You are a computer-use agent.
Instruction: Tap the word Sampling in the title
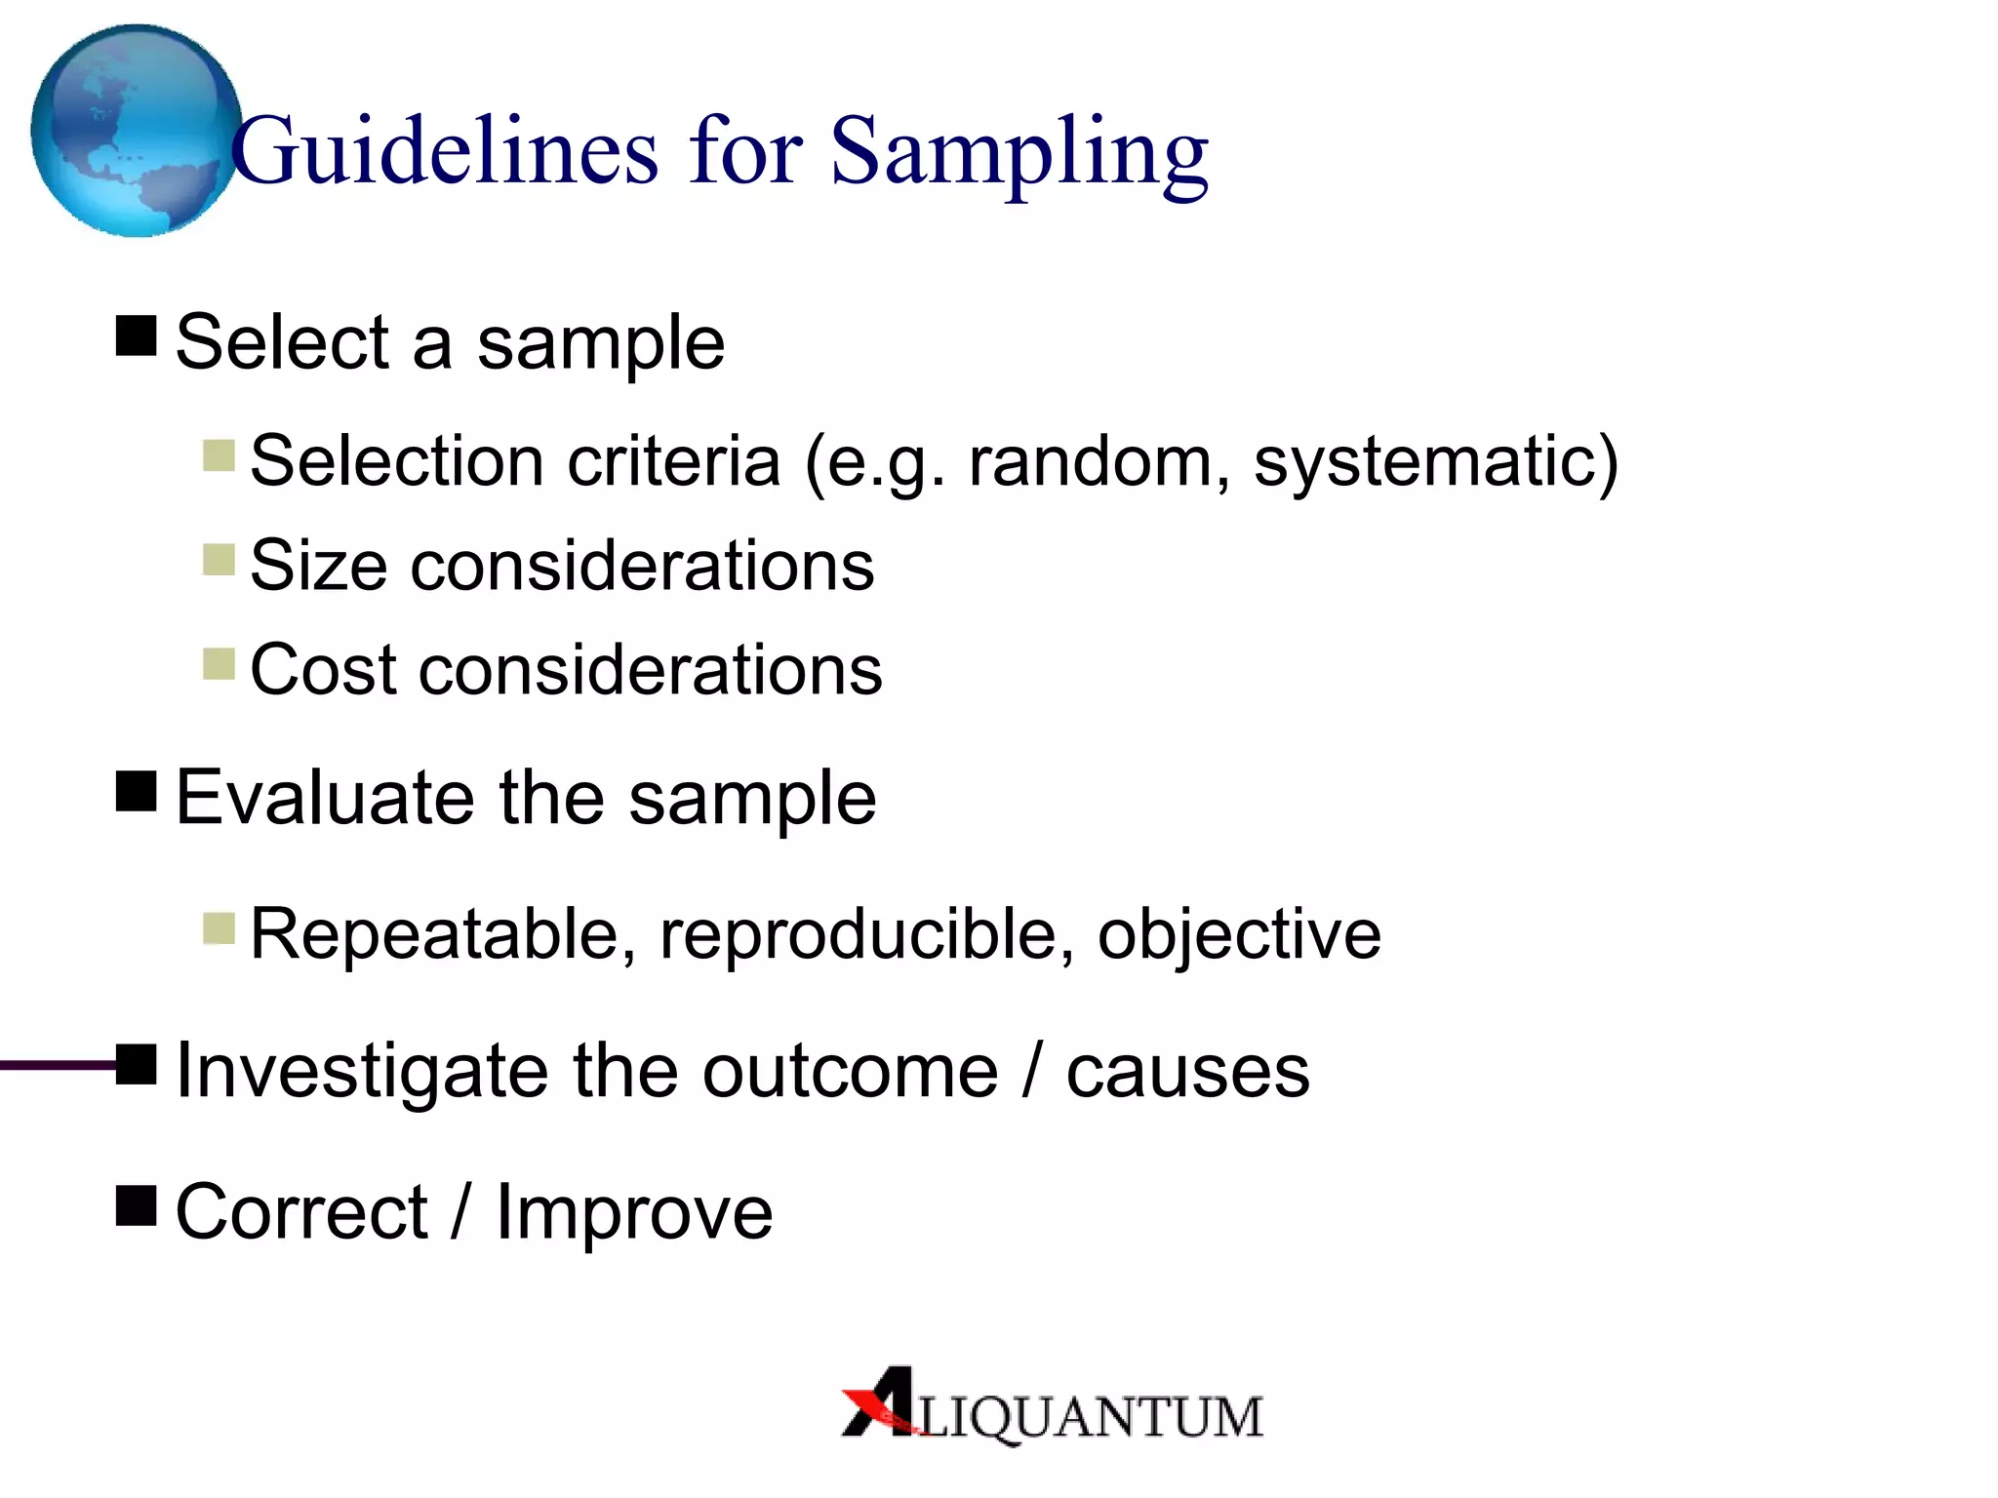[1019, 153]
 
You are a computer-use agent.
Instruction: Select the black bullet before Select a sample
[137, 335]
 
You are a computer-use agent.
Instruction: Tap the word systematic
[1424, 460]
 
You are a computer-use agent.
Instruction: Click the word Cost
[322, 669]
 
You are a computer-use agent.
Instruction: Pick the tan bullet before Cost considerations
[219, 664]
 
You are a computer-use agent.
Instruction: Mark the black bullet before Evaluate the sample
[137, 791]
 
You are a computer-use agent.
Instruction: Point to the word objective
[1239, 934]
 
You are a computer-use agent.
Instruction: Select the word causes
[1187, 1071]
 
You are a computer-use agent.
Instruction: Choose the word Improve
[634, 1211]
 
